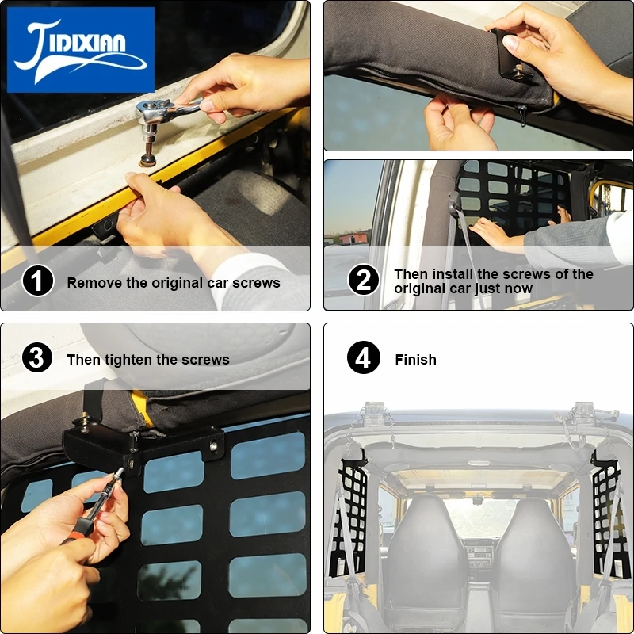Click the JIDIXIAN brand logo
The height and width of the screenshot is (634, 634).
pos(81,50)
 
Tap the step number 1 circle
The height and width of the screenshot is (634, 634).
pos(37,281)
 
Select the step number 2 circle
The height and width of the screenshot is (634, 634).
pos(364,280)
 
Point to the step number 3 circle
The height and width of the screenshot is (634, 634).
pos(37,357)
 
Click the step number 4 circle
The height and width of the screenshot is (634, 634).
pos(364,357)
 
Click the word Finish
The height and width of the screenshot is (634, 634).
pos(415,360)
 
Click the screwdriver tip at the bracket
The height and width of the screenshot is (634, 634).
pos(120,470)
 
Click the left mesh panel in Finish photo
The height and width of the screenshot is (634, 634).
pos(349,517)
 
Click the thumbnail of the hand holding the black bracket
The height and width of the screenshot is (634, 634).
pos(479,75)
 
